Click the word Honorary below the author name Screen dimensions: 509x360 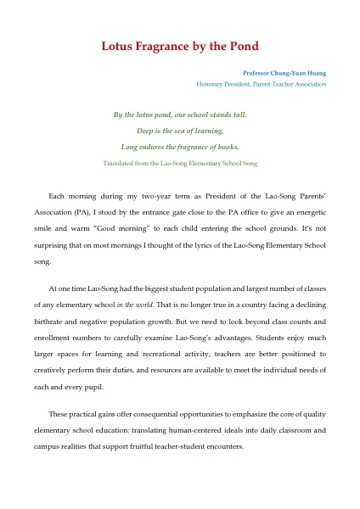tap(212, 84)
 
